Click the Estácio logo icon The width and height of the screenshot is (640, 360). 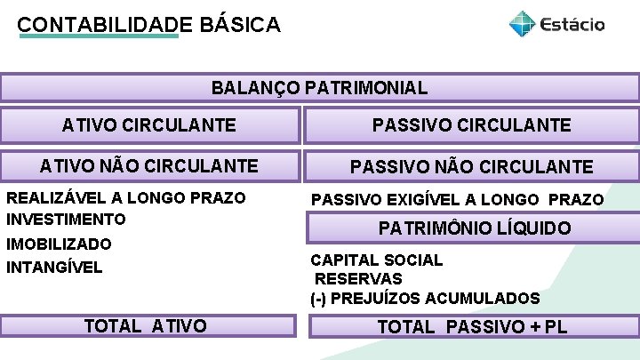(522, 24)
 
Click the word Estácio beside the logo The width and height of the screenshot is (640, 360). (571, 24)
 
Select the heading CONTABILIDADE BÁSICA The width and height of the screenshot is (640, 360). (148, 24)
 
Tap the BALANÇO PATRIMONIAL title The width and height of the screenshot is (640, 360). (319, 88)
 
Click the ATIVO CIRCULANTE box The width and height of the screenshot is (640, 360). (149, 125)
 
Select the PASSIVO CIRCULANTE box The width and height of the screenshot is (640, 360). (471, 125)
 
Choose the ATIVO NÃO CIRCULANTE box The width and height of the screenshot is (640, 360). (149, 165)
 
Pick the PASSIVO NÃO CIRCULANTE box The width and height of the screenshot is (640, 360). (471, 166)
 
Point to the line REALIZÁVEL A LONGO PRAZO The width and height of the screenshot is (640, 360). (125, 197)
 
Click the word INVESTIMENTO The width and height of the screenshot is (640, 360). (66, 219)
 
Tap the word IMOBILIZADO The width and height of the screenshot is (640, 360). (59, 244)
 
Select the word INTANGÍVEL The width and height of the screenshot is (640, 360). (54, 267)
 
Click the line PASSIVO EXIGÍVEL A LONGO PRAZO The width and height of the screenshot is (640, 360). (457, 200)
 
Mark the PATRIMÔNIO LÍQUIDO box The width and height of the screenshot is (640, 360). (475, 228)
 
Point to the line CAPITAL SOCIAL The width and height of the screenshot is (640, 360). (376, 260)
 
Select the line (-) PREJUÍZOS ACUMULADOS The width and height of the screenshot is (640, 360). (425, 299)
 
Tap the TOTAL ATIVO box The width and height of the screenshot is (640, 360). (146, 326)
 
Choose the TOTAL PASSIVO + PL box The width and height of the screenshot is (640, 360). (472, 327)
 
